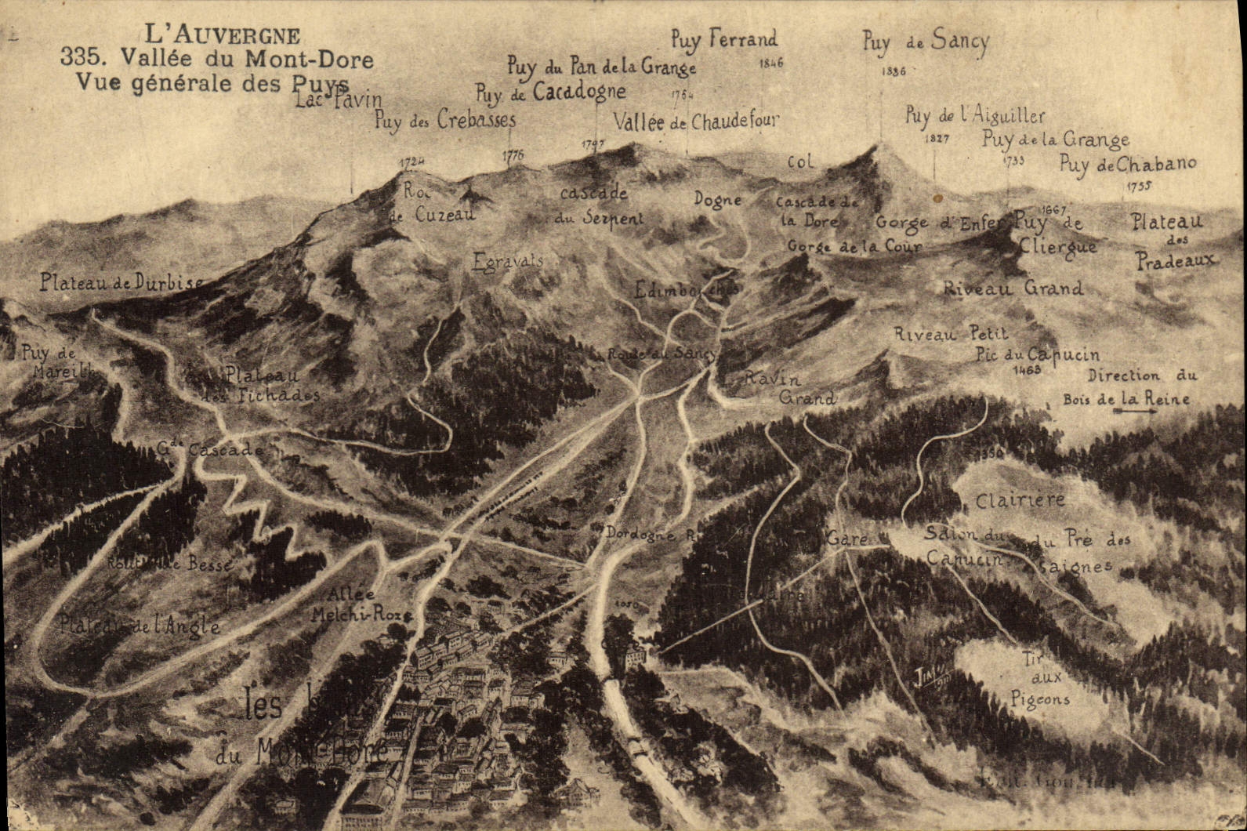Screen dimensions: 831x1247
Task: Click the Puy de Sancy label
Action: [926, 42]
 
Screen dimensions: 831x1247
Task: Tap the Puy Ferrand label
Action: [723, 38]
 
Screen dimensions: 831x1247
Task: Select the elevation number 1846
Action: [770, 64]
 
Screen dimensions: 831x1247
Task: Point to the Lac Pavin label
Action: [339, 100]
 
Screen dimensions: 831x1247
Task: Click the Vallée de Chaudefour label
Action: [696, 122]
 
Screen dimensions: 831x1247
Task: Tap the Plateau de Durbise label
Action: [122, 282]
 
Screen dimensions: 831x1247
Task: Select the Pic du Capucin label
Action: [1038, 355]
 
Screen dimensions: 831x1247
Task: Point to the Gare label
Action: [846, 539]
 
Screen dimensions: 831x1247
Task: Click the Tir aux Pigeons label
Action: [1039, 679]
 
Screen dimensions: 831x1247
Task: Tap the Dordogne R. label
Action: [650, 532]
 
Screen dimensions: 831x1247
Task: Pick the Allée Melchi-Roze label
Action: [360, 604]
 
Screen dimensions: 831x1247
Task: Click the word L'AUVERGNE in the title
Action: [223, 35]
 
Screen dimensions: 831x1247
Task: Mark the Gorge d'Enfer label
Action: [938, 223]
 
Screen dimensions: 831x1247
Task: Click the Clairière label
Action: [1020, 499]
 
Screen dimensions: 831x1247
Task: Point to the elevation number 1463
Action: [1026, 368]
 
